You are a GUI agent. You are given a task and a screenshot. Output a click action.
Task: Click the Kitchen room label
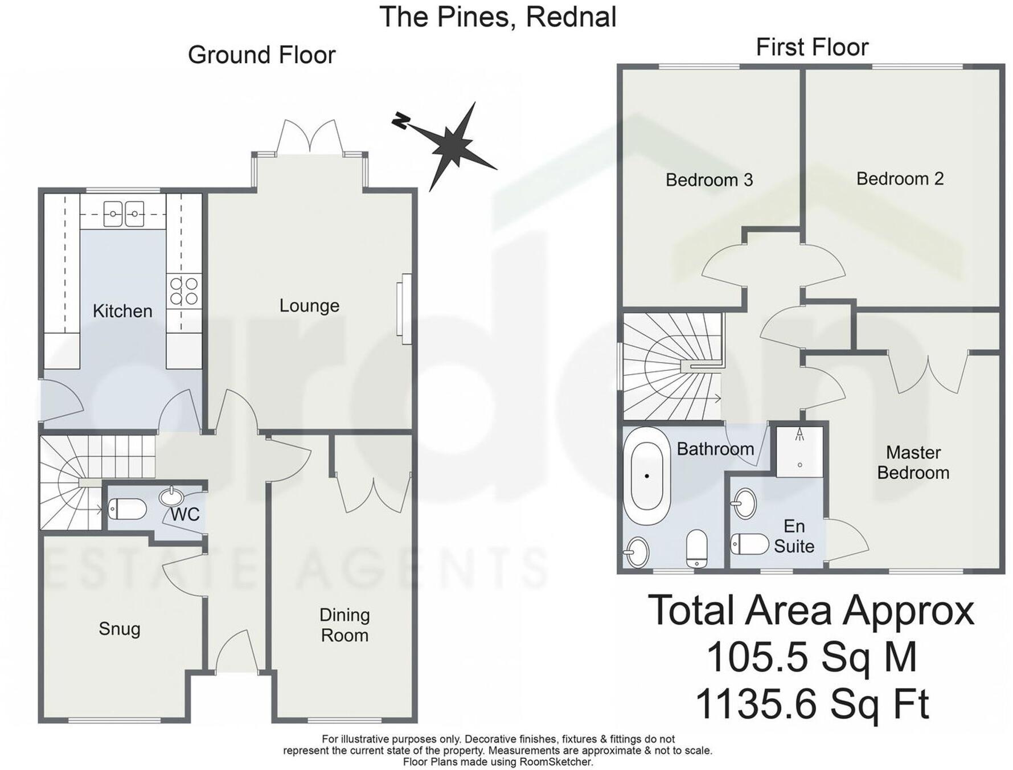coord(122,311)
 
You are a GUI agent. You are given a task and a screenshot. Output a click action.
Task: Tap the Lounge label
coord(309,306)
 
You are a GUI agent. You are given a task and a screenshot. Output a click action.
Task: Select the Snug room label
coord(119,629)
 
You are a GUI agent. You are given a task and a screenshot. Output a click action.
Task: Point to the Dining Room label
coord(344,625)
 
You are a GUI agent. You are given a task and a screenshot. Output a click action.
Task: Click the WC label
coord(185,514)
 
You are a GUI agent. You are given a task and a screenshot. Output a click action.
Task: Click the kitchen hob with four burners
coord(184,290)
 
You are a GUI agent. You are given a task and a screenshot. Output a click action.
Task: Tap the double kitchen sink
coord(124,214)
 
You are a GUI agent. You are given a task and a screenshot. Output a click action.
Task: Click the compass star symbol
coord(453,146)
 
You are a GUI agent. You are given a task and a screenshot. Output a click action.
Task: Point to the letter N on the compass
coord(401,120)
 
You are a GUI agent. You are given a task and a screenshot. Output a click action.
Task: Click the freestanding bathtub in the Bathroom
coord(647,476)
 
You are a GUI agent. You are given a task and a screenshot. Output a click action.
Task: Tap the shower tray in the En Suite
coord(800,452)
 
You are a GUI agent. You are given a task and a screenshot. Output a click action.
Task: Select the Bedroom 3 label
coord(709,180)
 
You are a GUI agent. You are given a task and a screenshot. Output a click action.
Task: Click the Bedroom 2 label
coord(900,179)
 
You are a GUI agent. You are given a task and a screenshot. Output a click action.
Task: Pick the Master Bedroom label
coord(913,462)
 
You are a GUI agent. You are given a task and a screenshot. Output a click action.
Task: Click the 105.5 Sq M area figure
coord(811,657)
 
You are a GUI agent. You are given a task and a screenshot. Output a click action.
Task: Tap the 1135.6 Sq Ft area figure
coord(811,704)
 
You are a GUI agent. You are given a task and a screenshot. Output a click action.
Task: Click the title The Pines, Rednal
coord(498,17)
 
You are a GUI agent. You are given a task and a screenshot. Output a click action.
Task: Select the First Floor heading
coord(811,47)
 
